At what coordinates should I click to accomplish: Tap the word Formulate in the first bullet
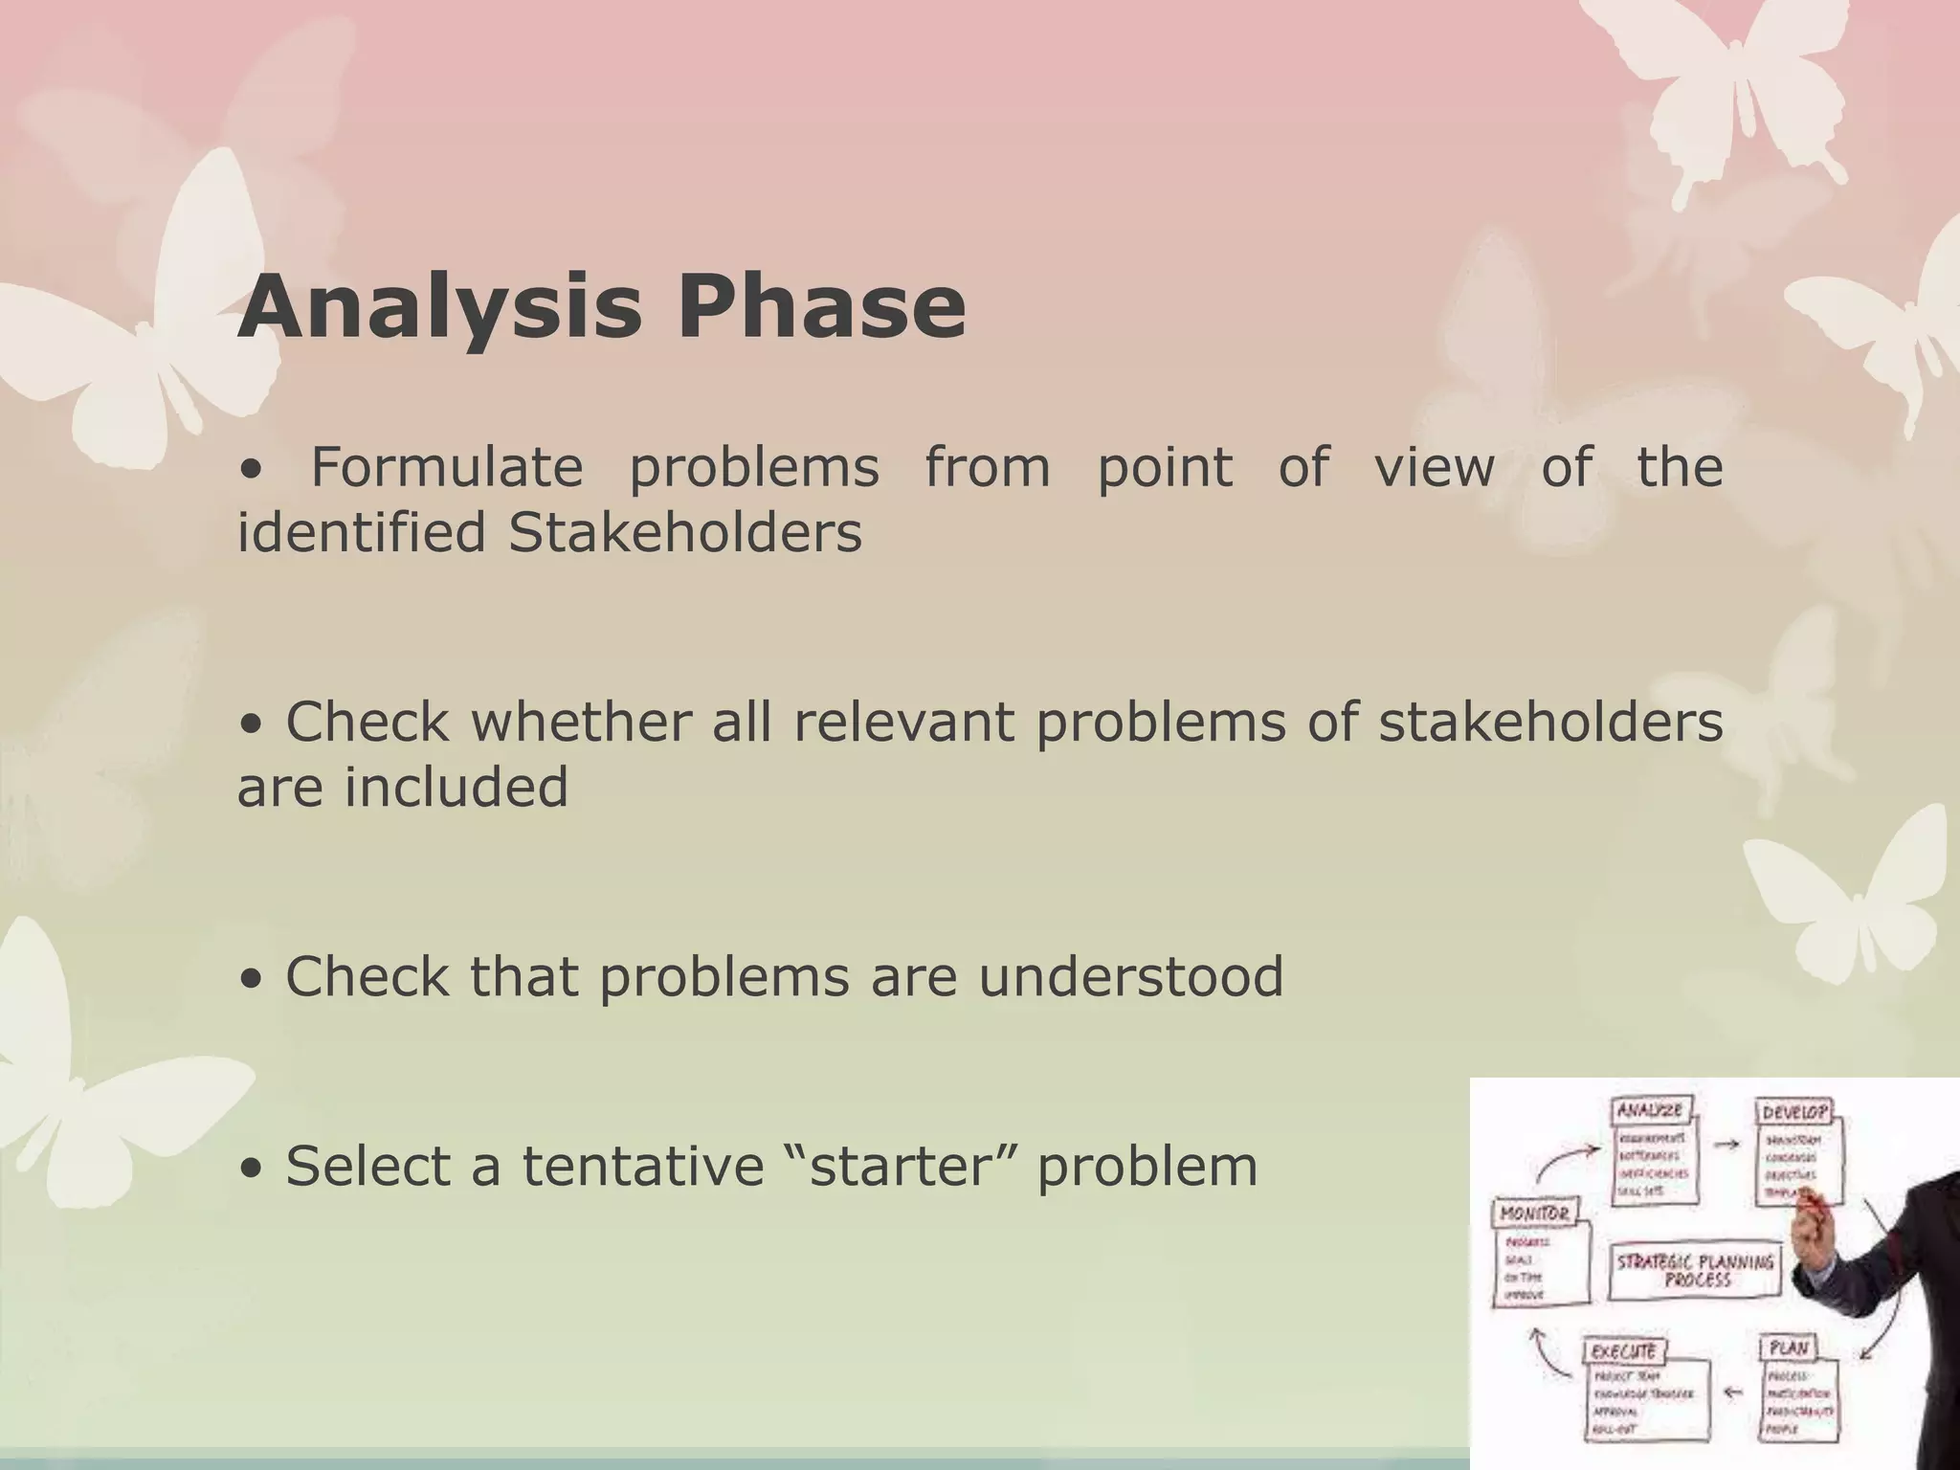click(x=447, y=469)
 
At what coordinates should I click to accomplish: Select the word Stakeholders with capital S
click(x=684, y=533)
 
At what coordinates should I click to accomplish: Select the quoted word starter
click(x=898, y=1167)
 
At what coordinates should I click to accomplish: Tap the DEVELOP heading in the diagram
click(x=1794, y=1113)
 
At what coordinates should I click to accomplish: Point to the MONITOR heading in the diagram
click(x=1534, y=1214)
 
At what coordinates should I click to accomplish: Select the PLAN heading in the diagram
click(x=1788, y=1348)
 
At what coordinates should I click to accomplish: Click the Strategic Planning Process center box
click(x=1695, y=1271)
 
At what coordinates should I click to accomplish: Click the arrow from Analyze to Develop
click(x=1726, y=1144)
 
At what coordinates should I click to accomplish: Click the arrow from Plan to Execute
click(x=1732, y=1392)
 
